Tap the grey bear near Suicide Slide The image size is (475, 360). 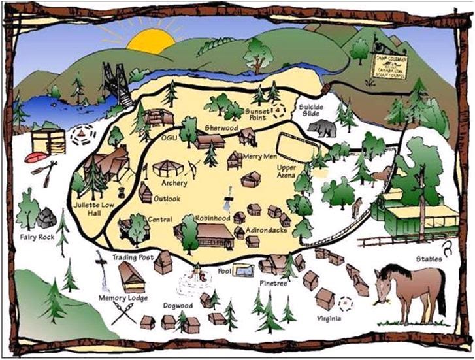pos(321,127)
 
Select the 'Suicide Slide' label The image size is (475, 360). pos(310,111)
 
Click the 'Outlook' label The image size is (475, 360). pos(168,199)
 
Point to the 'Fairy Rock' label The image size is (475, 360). pos(37,237)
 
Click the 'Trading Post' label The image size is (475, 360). pos(133,257)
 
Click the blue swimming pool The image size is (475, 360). pos(242,270)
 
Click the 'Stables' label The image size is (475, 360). pos(429,259)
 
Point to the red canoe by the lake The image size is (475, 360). pos(37,157)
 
